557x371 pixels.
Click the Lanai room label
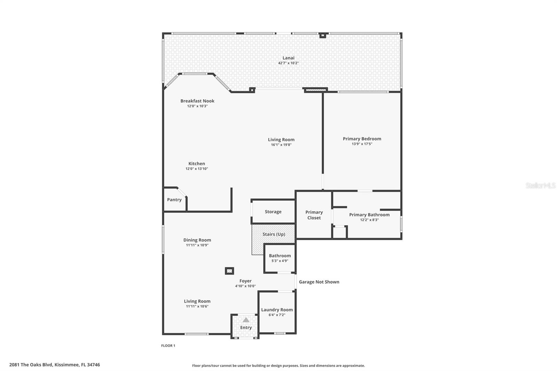coord(288,58)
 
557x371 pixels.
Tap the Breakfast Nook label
coord(197,101)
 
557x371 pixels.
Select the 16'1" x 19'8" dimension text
coord(281,145)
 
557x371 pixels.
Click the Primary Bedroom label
coord(362,139)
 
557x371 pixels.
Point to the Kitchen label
coord(197,164)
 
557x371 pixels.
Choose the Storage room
coord(273,212)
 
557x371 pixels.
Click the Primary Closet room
coord(314,215)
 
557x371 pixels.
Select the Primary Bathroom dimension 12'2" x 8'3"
coord(369,220)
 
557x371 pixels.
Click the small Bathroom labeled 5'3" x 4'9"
coord(280,258)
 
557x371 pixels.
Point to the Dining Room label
coord(197,240)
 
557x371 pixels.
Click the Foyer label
coord(245,281)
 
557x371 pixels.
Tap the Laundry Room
coord(277,312)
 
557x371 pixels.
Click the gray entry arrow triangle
coord(246,320)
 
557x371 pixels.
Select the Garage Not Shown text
coord(319,282)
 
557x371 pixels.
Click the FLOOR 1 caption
coord(168,346)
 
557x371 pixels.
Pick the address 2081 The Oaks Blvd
coord(55,365)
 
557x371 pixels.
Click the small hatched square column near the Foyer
coord(229,271)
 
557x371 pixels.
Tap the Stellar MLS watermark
coord(540,185)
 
